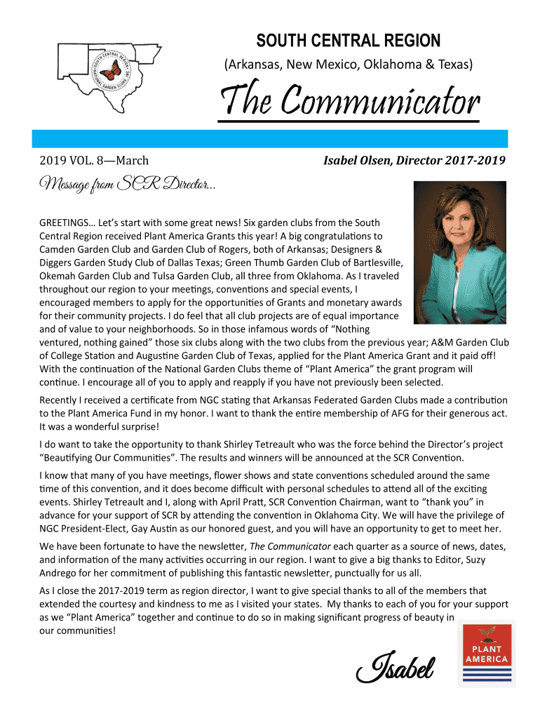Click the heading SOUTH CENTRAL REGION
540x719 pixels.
pyautogui.click(x=348, y=41)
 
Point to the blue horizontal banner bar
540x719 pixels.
pyautogui.click(x=270, y=138)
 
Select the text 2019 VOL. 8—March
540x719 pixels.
pyautogui.click(x=94, y=161)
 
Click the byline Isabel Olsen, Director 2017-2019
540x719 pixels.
pyautogui.click(x=414, y=161)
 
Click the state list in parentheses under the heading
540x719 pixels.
pyautogui.click(x=348, y=65)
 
